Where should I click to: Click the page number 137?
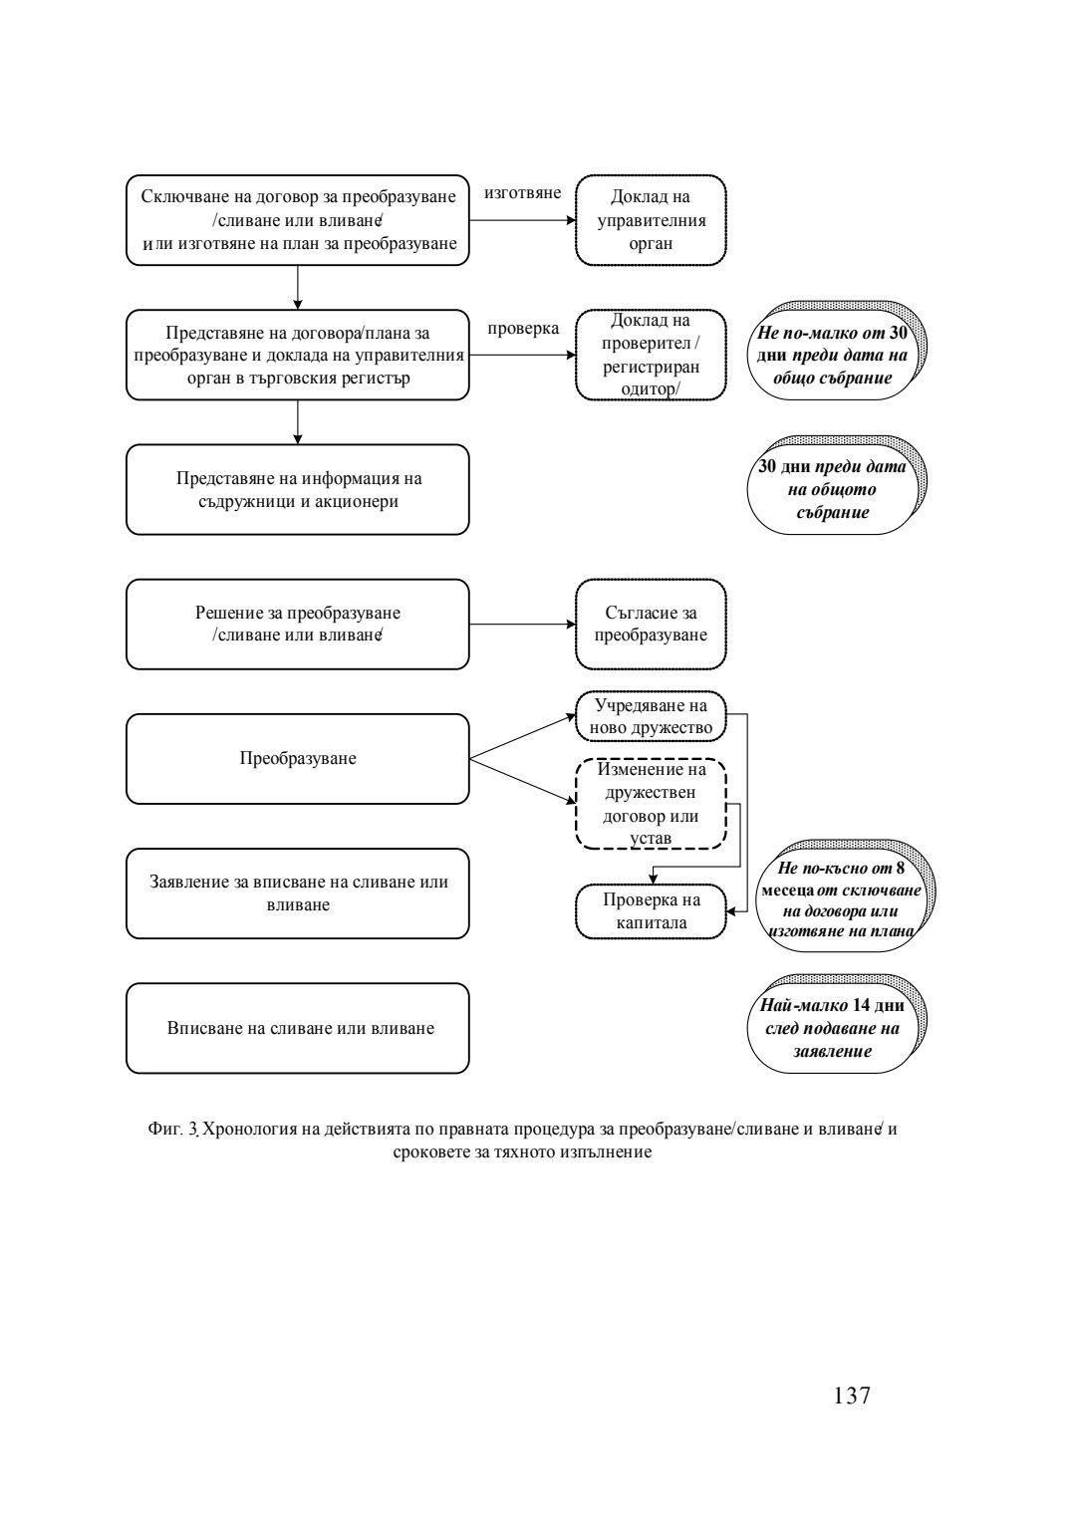(x=852, y=1396)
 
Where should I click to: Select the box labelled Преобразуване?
(x=297, y=758)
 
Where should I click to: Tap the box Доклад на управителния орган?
(x=651, y=220)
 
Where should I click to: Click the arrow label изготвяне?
(x=522, y=193)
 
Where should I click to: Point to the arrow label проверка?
(x=523, y=328)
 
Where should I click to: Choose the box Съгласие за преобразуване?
(x=651, y=625)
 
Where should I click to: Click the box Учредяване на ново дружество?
(x=651, y=716)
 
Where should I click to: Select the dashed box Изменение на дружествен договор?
(x=651, y=804)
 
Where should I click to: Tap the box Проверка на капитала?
(x=651, y=911)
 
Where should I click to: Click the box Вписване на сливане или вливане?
(x=297, y=1028)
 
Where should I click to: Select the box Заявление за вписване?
(x=297, y=893)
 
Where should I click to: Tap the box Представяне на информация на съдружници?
(x=297, y=490)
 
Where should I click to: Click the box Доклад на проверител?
(x=651, y=355)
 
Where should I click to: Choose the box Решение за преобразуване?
(x=297, y=625)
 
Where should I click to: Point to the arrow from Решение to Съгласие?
(x=522, y=625)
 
